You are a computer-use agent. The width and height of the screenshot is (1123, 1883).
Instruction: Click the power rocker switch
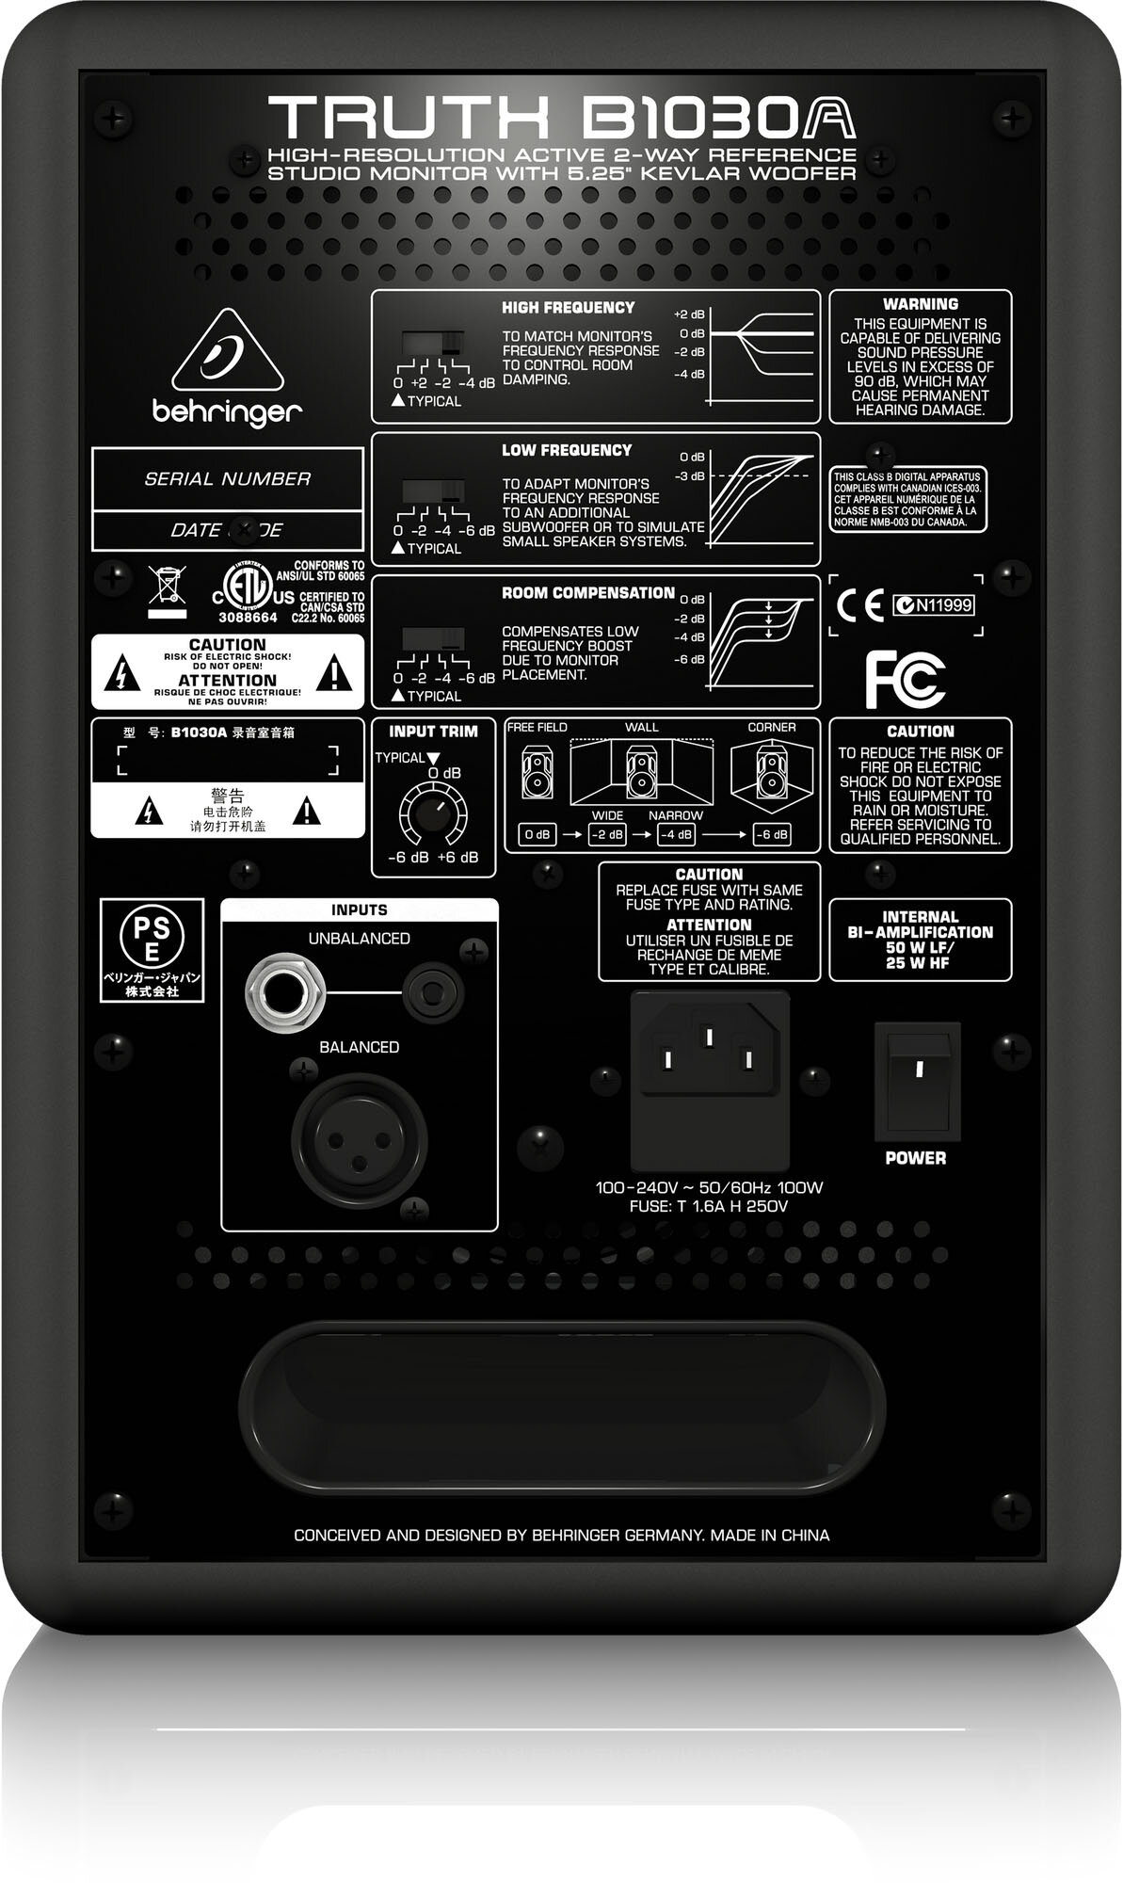point(918,1080)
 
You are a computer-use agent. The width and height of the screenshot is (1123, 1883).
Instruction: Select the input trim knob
point(432,811)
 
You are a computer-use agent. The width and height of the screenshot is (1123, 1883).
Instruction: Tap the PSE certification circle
point(152,937)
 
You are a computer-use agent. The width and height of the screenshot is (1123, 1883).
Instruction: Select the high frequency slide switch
point(433,344)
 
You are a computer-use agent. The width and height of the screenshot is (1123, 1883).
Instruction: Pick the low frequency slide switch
point(433,491)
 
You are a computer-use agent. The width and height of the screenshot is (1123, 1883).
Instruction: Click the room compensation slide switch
point(433,639)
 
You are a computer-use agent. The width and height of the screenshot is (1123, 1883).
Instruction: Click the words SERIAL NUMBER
point(227,479)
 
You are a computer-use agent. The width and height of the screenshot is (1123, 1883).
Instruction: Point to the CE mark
point(858,606)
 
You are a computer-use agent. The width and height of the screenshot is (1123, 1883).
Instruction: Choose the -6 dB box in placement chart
point(772,834)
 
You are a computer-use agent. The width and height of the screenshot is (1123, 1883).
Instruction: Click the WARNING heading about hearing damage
point(920,304)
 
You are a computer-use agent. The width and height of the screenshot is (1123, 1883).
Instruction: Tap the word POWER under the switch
point(915,1158)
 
